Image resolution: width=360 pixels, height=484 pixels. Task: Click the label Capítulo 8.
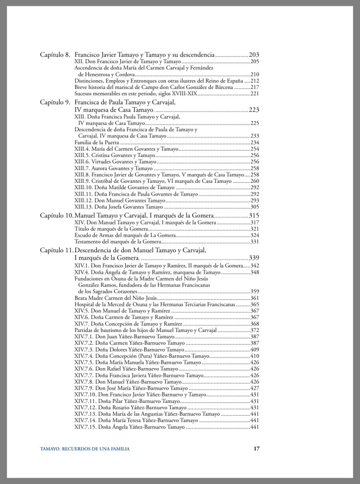coord(55,55)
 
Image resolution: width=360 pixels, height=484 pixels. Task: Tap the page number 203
coord(254,55)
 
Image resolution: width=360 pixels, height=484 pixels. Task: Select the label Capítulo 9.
coord(55,102)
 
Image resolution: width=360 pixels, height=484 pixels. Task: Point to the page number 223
coord(254,110)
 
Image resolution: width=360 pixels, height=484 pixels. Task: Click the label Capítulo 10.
coord(56,215)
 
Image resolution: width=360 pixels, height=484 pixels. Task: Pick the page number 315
coord(254,215)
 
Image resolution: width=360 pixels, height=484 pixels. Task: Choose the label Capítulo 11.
coord(56,250)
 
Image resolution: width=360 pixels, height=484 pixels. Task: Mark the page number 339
coord(254,258)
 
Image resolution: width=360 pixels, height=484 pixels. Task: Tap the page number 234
coord(254,142)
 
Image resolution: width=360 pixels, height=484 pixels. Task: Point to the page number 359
coord(254,291)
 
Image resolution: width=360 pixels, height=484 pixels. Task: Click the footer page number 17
coord(256,449)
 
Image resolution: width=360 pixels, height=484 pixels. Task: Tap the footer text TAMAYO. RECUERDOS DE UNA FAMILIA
coord(85,449)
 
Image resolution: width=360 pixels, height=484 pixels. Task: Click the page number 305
coord(254,207)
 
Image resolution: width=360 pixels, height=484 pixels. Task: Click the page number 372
coord(254,330)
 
